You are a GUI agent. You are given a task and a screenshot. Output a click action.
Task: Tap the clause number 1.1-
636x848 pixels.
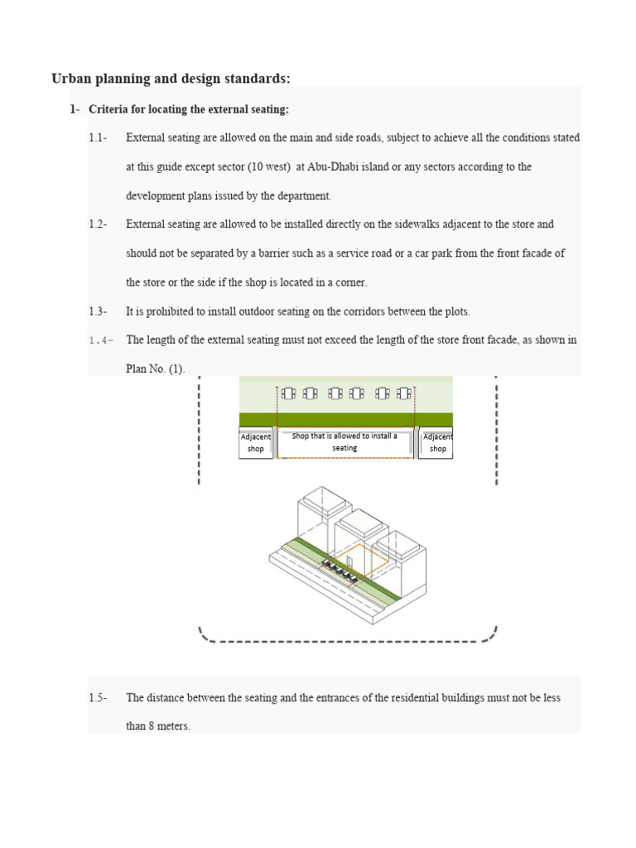pos(99,137)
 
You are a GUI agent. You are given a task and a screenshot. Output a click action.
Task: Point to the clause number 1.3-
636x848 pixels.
pos(99,311)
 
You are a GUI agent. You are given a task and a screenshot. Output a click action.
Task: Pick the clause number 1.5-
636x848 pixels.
pos(99,697)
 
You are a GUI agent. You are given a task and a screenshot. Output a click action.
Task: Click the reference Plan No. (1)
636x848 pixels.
pos(156,369)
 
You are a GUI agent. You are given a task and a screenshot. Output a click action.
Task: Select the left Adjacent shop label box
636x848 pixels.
pos(255,443)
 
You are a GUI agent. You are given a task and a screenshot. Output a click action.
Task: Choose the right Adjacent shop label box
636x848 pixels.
pos(436,443)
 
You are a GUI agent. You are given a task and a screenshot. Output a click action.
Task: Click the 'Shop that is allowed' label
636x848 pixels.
pos(344,442)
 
